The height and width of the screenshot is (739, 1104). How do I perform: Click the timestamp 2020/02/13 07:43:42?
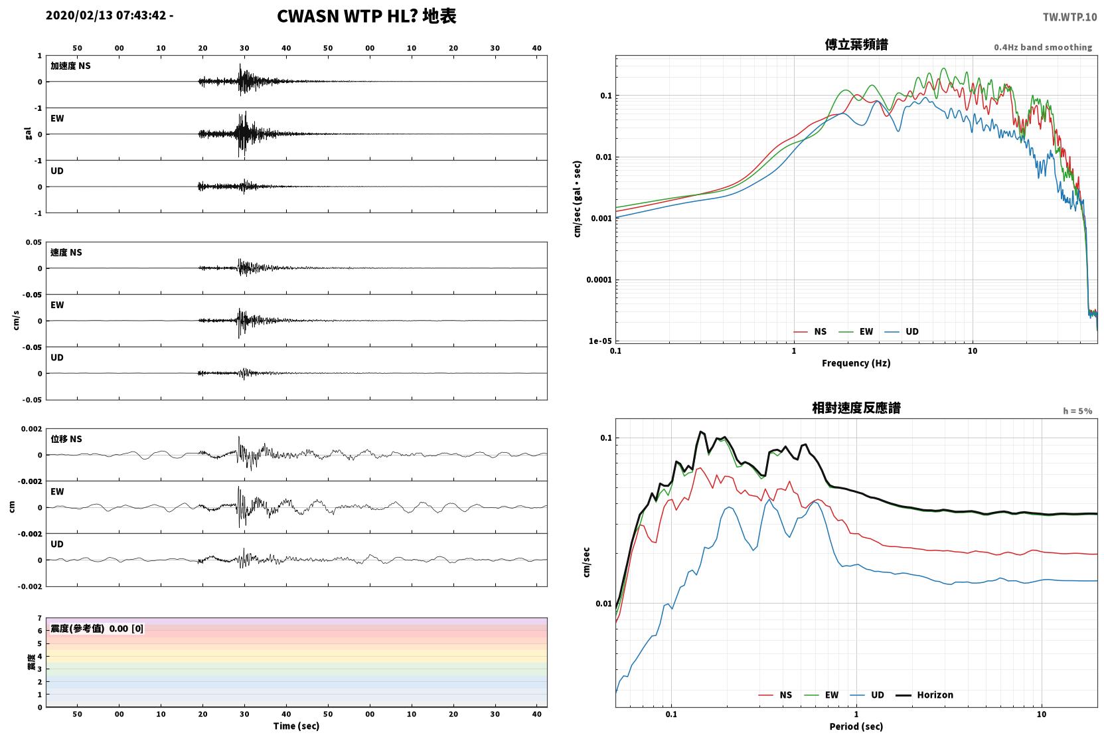106,15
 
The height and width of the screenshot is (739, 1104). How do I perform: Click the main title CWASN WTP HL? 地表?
366,17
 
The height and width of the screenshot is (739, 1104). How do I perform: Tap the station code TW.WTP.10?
1069,17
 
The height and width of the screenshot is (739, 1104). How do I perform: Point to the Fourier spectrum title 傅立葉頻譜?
856,45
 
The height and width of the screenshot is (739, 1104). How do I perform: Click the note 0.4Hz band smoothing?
1043,47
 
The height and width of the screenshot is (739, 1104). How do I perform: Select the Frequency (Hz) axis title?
856,363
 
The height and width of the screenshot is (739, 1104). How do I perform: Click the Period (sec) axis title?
856,726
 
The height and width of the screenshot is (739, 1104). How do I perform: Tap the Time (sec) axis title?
296,726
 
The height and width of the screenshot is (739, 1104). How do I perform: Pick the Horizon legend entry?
924,695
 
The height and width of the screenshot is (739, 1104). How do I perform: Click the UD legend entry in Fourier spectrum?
902,331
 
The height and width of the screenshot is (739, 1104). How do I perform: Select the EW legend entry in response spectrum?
821,695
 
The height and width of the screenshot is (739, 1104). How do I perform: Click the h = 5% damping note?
1077,410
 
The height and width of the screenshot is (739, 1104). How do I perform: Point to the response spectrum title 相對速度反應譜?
856,408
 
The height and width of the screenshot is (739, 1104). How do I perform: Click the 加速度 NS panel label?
70,66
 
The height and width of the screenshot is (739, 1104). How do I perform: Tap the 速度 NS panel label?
66,252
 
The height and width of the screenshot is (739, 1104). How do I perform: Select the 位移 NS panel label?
66,439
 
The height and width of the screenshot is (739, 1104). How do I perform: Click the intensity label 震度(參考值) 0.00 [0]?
97,629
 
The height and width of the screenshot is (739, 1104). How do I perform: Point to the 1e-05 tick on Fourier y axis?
600,341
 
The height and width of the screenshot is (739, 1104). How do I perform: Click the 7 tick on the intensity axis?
40,617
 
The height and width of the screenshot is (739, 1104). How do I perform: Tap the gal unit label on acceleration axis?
28,133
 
